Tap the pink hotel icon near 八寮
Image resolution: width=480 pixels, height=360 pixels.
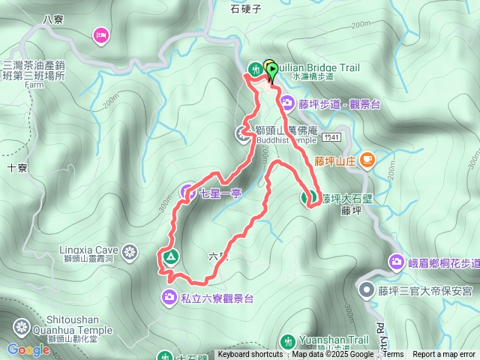[100, 34]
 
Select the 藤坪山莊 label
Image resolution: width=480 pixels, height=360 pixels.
[334, 160]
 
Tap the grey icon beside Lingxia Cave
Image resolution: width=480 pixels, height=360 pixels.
[130, 250]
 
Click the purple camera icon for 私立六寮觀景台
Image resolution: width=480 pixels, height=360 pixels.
[168, 298]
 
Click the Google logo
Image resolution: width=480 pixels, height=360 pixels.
[28, 349]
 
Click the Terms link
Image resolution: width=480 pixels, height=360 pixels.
[394, 355]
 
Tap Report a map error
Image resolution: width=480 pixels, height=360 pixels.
[444, 355]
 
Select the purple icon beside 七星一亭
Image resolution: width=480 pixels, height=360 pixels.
[188, 193]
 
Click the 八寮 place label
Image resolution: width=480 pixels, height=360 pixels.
[52, 19]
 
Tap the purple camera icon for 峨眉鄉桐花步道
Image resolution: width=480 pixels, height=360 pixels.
[396, 261]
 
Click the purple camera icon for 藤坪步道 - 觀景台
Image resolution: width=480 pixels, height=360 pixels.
[286, 103]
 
